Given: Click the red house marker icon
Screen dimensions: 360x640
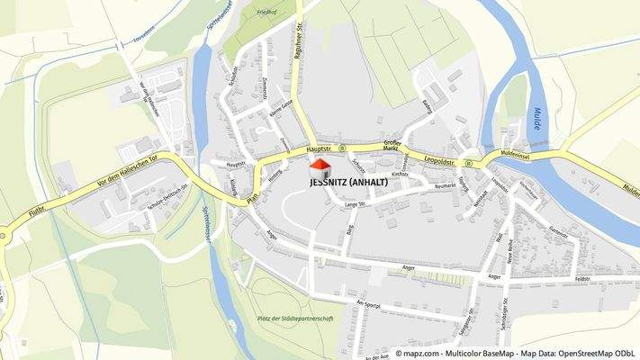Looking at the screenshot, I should pos(320,166).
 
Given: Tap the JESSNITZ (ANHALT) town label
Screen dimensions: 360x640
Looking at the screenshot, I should pos(347,183).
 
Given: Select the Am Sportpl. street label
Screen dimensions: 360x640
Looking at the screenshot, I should pos(368,305).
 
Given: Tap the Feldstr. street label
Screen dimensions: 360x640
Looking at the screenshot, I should pos(582,280).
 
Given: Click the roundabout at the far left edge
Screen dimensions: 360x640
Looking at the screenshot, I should pos(2,237).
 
